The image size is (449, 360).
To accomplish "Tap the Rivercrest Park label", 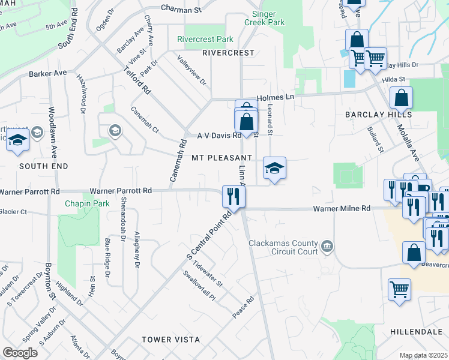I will tap(205, 39).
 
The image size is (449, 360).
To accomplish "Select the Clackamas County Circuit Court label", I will tap(283, 247).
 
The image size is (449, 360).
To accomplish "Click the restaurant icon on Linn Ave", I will tap(233, 196).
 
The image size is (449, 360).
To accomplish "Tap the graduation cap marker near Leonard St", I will tap(274, 168).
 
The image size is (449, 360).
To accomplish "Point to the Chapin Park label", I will tap(88, 203).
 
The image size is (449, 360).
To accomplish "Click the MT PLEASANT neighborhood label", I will tap(221, 158).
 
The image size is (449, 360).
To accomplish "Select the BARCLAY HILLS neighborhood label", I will tap(378, 114).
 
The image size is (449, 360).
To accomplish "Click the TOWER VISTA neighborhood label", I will tap(171, 340).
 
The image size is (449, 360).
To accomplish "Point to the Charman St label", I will tap(181, 10).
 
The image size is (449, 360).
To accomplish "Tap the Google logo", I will tap(20, 353).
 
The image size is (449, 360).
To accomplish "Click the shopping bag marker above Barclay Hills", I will tap(401, 98).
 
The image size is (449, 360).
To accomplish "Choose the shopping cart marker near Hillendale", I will tap(399, 290).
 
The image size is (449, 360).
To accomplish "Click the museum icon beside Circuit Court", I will tap(327, 245).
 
